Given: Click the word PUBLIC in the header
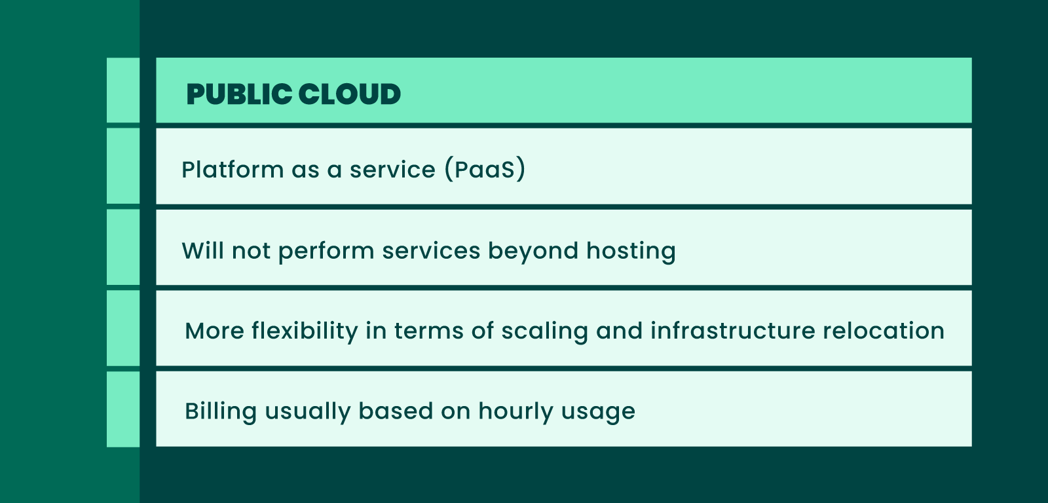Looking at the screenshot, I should tap(240, 94).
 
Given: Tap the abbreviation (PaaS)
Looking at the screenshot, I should tap(485, 170).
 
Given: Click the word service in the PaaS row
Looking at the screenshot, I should tap(392, 170).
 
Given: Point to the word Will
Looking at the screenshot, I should tap(202, 251).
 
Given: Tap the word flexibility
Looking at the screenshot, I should tap(305, 331).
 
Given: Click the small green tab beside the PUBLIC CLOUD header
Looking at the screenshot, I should tap(123, 90).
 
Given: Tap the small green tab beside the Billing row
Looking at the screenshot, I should tap(123, 409).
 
